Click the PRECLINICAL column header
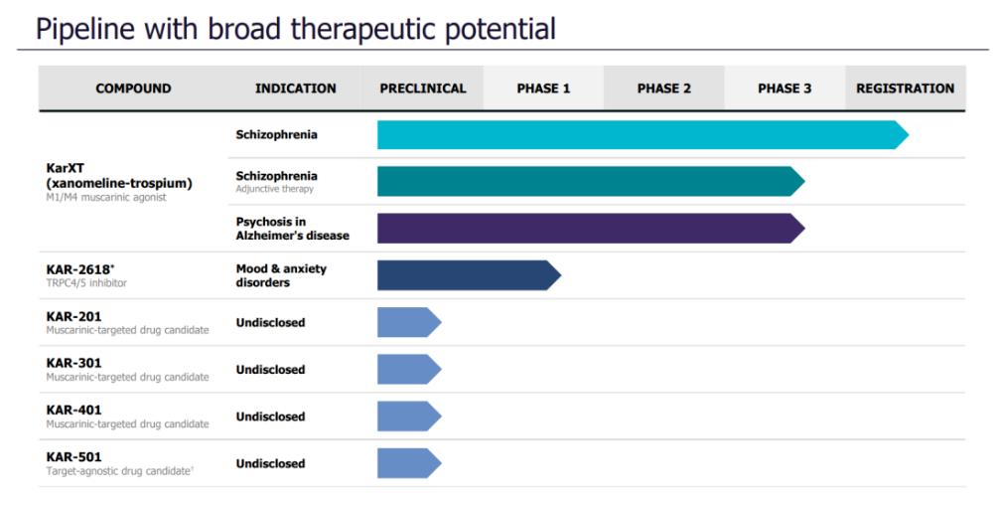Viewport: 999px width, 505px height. [x=423, y=88]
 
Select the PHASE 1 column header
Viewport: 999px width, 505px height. [x=543, y=88]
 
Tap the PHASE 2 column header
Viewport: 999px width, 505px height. [x=664, y=88]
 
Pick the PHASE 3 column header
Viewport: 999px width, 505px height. [x=785, y=88]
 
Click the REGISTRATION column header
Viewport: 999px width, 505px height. [x=905, y=88]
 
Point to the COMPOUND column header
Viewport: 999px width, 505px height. [x=133, y=88]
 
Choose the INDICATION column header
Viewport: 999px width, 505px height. [x=296, y=88]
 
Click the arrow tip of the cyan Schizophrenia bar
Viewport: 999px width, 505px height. [x=908, y=134]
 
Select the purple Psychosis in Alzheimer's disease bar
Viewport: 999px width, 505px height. [x=591, y=229]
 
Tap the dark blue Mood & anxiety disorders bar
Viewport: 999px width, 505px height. [x=469, y=275]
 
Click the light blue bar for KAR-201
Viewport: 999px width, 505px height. [x=409, y=323]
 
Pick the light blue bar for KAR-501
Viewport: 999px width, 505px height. [x=409, y=463]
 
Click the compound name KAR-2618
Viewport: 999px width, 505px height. [x=78, y=269]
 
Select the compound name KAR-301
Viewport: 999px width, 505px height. [x=73, y=363]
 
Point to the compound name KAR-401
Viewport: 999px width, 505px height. [x=73, y=410]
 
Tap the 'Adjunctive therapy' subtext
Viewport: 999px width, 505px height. [x=275, y=189]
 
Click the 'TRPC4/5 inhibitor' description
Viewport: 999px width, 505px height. [x=86, y=283]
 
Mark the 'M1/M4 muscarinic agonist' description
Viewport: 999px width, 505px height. [x=106, y=198]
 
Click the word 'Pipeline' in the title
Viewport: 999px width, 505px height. [x=85, y=30]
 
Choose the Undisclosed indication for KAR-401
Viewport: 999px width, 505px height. [x=270, y=417]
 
